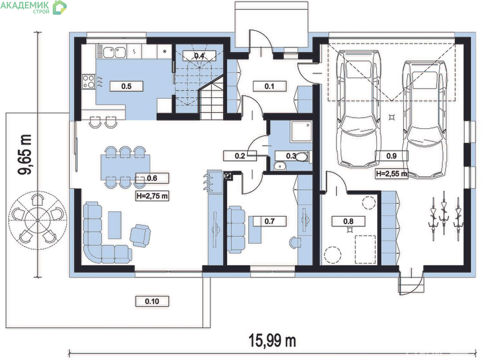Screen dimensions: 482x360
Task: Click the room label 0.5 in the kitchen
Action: pos(126,86)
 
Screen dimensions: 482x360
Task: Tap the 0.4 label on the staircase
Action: pos(199,56)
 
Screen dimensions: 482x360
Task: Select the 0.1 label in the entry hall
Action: pos(269,86)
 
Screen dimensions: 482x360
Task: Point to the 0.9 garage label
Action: pos(391,156)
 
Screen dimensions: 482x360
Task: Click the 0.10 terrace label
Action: pos(152,301)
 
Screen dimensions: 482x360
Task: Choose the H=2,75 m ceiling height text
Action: pos(152,196)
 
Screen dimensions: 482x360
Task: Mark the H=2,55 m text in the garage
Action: pos(391,174)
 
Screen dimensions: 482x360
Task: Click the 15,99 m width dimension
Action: pos(272,341)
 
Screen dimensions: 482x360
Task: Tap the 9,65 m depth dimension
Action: pos(25,154)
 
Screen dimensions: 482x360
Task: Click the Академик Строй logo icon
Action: pos(59,7)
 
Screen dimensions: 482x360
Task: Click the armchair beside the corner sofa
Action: pos(141,235)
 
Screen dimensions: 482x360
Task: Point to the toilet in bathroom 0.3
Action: pos(301,157)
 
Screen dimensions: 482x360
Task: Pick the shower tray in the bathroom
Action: pos(301,131)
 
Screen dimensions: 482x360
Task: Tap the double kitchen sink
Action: pos(114,52)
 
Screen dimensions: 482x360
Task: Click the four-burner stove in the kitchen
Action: pos(89,81)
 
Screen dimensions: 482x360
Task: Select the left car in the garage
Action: pos(358,109)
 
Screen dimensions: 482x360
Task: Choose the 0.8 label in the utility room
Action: pos(348,221)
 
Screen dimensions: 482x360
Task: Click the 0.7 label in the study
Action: pos(269,221)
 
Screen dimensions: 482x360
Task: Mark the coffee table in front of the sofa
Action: pos(114,225)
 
